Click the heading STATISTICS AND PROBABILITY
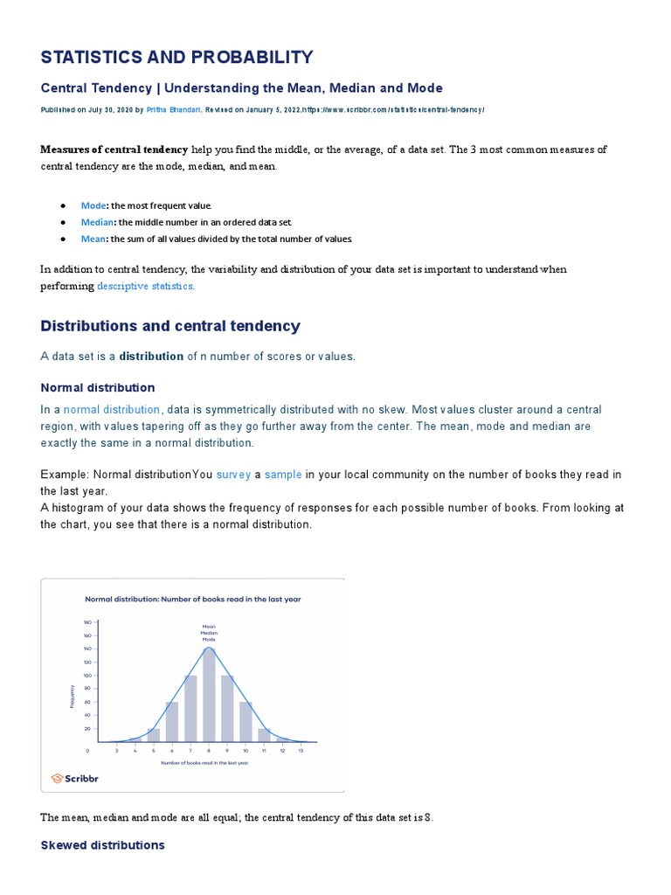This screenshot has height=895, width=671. coord(176,58)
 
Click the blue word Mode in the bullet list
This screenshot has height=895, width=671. coord(93,205)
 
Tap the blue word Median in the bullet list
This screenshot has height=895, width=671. coord(98,222)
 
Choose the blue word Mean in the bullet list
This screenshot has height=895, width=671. coord(93,239)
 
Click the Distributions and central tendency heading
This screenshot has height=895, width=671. coord(170,326)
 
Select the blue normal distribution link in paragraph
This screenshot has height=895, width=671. coord(112,410)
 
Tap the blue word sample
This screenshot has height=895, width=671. coord(283,475)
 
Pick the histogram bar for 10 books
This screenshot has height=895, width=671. coord(246,721)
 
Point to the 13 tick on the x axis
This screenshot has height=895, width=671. coord(301,750)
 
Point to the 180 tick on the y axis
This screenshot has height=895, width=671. coord(87,622)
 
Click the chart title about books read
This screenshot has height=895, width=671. coord(192,600)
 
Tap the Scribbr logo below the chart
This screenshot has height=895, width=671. coord(70,778)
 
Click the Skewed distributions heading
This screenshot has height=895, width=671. coord(102,845)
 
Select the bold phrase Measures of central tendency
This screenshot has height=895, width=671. coord(114,149)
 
